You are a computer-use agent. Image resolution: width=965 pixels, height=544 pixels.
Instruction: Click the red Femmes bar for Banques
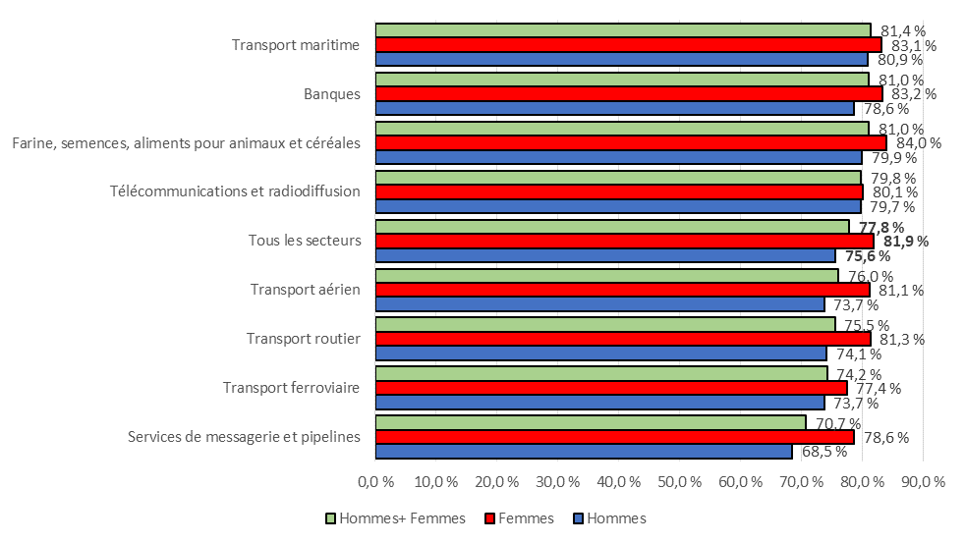[629, 93]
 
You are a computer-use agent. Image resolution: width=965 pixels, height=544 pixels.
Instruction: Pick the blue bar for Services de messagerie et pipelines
[584, 452]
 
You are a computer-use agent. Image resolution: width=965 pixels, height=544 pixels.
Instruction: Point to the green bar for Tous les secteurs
[612, 227]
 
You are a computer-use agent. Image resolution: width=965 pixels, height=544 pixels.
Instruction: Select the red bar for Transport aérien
[622, 290]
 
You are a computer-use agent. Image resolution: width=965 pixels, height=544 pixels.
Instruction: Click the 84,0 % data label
[919, 143]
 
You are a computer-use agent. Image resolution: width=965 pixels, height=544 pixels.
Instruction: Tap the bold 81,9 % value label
[906, 242]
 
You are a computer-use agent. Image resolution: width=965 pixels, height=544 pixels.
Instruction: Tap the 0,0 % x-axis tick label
[375, 482]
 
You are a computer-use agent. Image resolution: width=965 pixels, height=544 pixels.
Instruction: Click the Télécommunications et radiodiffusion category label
[235, 191]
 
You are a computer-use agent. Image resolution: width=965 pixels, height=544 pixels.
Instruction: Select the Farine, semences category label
[186, 143]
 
